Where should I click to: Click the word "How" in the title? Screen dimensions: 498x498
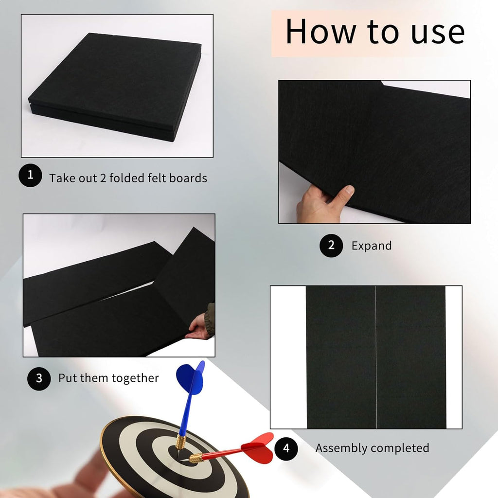pyautogui.click(x=321, y=31)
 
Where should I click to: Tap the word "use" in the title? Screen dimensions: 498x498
pyautogui.click(x=438, y=33)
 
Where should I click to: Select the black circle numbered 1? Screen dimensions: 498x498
pyautogui.click(x=30, y=175)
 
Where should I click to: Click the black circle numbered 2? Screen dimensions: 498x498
pyautogui.click(x=331, y=245)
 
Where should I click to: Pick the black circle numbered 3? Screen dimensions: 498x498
pyautogui.click(x=39, y=378)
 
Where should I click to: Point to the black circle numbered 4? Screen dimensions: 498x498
pyautogui.click(x=286, y=448)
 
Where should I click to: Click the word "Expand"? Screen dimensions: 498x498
pyautogui.click(x=371, y=246)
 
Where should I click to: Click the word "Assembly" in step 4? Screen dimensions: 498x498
pyautogui.click(x=340, y=448)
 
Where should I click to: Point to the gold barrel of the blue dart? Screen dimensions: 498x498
pyautogui.click(x=181, y=442)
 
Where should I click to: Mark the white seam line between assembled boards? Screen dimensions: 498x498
pyautogui.click(x=376, y=357)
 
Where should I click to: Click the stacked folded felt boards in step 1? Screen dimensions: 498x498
pyautogui.click(x=115, y=87)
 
